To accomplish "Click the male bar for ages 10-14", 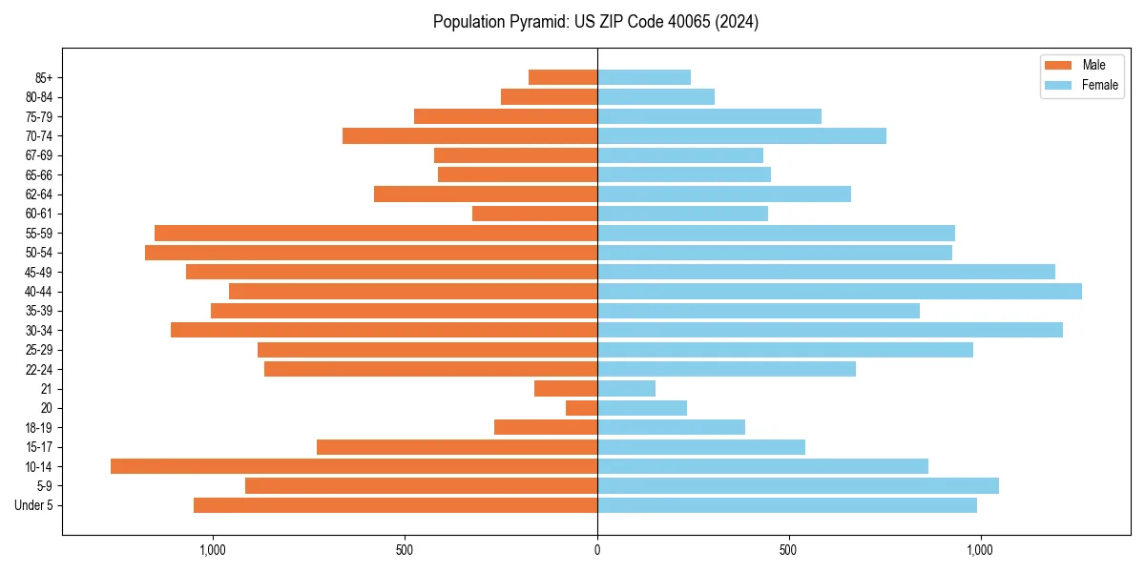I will point(353,466).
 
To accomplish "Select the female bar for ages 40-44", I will point(840,291).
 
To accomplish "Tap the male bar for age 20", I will point(581,408).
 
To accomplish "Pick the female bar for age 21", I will point(626,388).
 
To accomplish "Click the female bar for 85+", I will point(644,77).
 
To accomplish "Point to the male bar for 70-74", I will point(469,135).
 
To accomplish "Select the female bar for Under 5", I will point(787,505).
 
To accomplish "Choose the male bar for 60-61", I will point(534,214).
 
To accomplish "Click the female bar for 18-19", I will point(671,427).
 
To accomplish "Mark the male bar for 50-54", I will point(371,253).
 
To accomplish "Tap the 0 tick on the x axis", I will point(597,550).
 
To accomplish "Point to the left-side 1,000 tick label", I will point(212,550).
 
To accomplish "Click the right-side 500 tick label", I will point(788,550).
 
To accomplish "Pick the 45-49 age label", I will point(39,272).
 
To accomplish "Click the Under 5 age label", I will point(34,505).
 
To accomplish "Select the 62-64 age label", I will point(39,194).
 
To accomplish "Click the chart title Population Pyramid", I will point(595,22).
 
